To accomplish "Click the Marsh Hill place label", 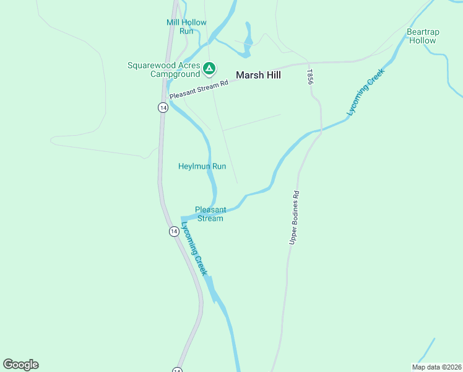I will [x=258, y=75].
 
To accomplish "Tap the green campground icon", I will [x=209, y=68].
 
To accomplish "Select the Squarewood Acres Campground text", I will [x=164, y=69].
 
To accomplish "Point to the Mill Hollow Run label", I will [x=186, y=27].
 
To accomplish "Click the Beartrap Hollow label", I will [x=422, y=36].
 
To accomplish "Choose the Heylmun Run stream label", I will [x=202, y=166].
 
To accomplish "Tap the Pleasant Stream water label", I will [x=210, y=214].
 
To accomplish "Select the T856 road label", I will [x=310, y=77].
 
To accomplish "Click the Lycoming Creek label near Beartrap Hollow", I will [x=366, y=92].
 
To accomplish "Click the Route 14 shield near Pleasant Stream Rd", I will [x=162, y=107].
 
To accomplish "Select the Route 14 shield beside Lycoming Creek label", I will [x=175, y=231].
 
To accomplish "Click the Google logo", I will [x=20, y=364].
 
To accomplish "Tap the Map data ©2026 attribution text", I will [x=436, y=366].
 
